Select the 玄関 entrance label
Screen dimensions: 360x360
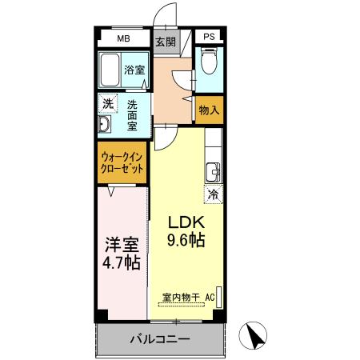pos(165,42)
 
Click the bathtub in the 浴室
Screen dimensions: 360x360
pos(110,70)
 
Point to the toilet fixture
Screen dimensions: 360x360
pos(208,62)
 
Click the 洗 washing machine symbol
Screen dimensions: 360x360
pos(107,102)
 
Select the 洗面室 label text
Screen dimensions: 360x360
pos(133,114)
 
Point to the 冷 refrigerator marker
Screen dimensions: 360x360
pos(214,194)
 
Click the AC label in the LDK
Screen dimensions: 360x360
pos(210,298)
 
